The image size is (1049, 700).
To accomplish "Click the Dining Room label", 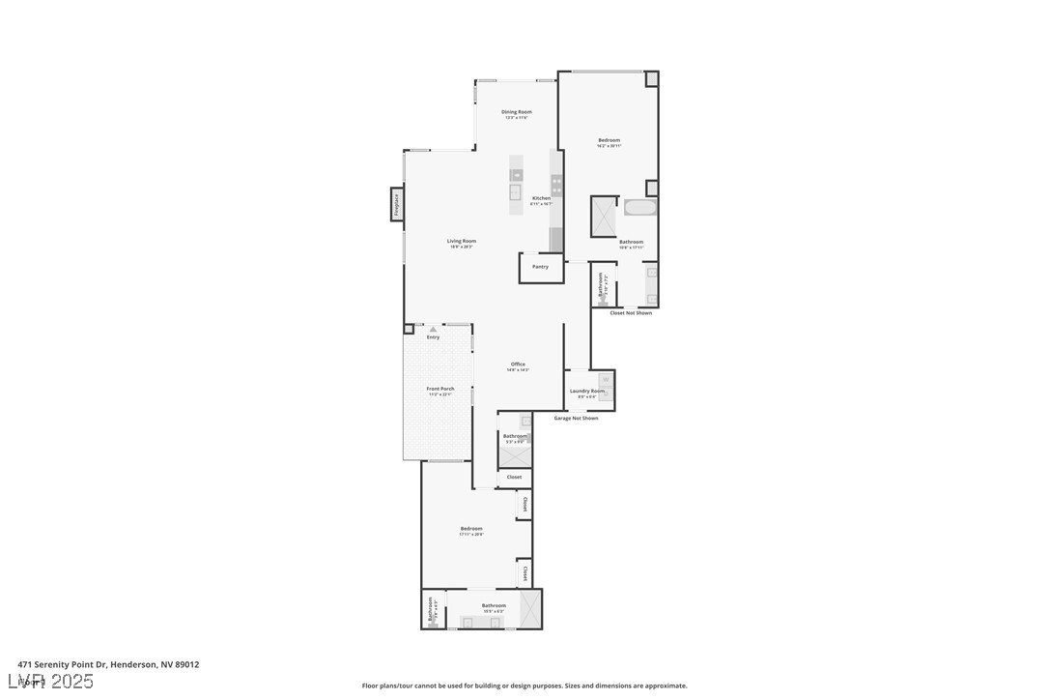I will (x=517, y=112).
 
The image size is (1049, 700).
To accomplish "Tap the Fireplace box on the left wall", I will (x=396, y=204).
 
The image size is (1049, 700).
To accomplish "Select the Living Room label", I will (x=461, y=242).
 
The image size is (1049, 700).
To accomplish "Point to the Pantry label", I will (x=540, y=267).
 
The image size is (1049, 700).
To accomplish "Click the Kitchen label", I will (x=541, y=198).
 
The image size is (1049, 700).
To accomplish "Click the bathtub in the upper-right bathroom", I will (x=640, y=207).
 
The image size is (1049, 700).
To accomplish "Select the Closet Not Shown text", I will (x=630, y=313).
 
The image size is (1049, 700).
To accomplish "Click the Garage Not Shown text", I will (x=576, y=419).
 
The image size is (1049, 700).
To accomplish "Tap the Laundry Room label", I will (x=586, y=391).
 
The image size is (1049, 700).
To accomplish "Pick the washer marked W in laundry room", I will (x=606, y=379).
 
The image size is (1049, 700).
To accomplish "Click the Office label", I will (x=518, y=365).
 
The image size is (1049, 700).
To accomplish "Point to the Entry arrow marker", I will (x=433, y=330).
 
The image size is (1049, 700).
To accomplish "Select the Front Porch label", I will (x=440, y=389).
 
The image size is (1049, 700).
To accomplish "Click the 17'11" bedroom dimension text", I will (x=471, y=535).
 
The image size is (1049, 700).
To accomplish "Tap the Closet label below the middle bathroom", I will (x=514, y=477).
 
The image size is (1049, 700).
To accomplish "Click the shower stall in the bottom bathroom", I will (x=529, y=608).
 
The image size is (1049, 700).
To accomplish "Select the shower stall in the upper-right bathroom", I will (x=605, y=216).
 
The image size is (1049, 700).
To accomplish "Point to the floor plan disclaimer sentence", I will (x=524, y=685).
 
